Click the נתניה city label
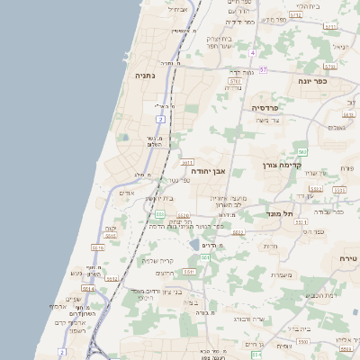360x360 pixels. pos(145,76)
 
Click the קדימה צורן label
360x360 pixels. pos(279,165)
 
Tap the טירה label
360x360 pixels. pos(347,258)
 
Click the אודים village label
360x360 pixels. pos(127,193)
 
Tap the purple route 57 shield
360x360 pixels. pos(263,68)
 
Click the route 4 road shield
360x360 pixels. pos(254,53)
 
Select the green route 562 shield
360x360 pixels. pos(303,152)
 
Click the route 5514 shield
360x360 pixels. pos(112,278)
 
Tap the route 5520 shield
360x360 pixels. pos(183,216)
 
